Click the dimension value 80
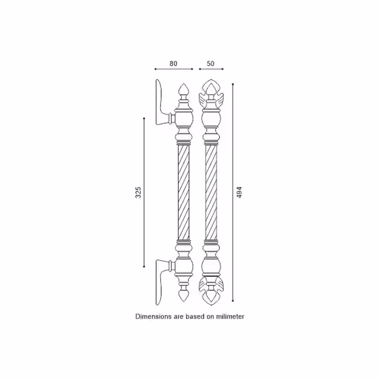(x=173, y=64)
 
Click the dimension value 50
(x=211, y=64)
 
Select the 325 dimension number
(x=138, y=192)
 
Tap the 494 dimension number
(x=239, y=192)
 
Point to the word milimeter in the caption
(x=230, y=316)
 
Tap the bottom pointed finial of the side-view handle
(x=183, y=295)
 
